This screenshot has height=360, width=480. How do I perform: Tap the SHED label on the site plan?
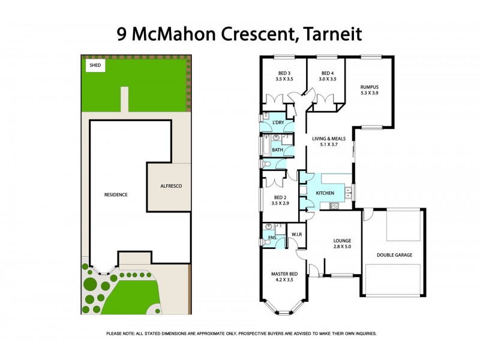[95, 65]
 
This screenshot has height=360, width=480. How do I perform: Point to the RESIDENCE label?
[116, 194]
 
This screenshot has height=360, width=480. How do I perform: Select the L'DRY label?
[278, 123]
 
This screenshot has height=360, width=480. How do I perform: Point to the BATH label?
[277, 150]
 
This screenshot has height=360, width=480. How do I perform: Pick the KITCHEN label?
[325, 193]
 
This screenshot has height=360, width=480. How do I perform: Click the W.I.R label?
[296, 234]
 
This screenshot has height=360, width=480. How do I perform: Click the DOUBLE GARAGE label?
[394, 255]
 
